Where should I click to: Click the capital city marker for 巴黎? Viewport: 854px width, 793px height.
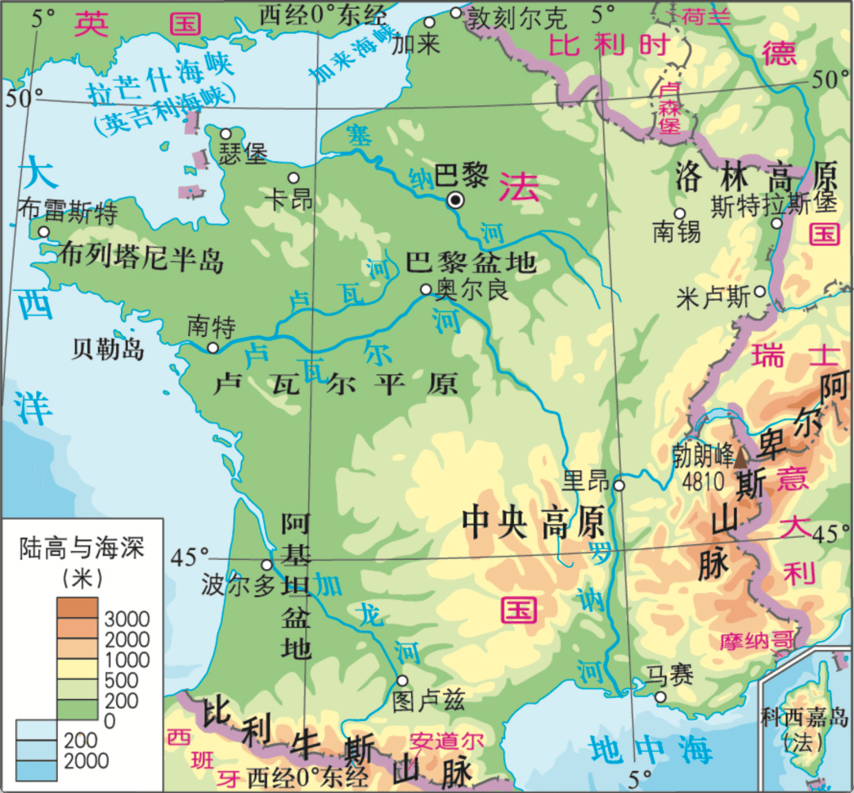point(455,201)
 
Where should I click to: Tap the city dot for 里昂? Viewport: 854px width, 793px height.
point(619,485)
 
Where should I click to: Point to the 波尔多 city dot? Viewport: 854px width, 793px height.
point(266,565)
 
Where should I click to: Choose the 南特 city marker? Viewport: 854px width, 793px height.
point(212,348)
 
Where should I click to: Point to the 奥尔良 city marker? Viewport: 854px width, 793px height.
point(425,290)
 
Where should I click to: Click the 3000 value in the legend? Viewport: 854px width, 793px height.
point(127,618)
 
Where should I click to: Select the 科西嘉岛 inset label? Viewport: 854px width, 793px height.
point(804,718)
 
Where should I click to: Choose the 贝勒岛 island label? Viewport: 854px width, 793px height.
point(108,349)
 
